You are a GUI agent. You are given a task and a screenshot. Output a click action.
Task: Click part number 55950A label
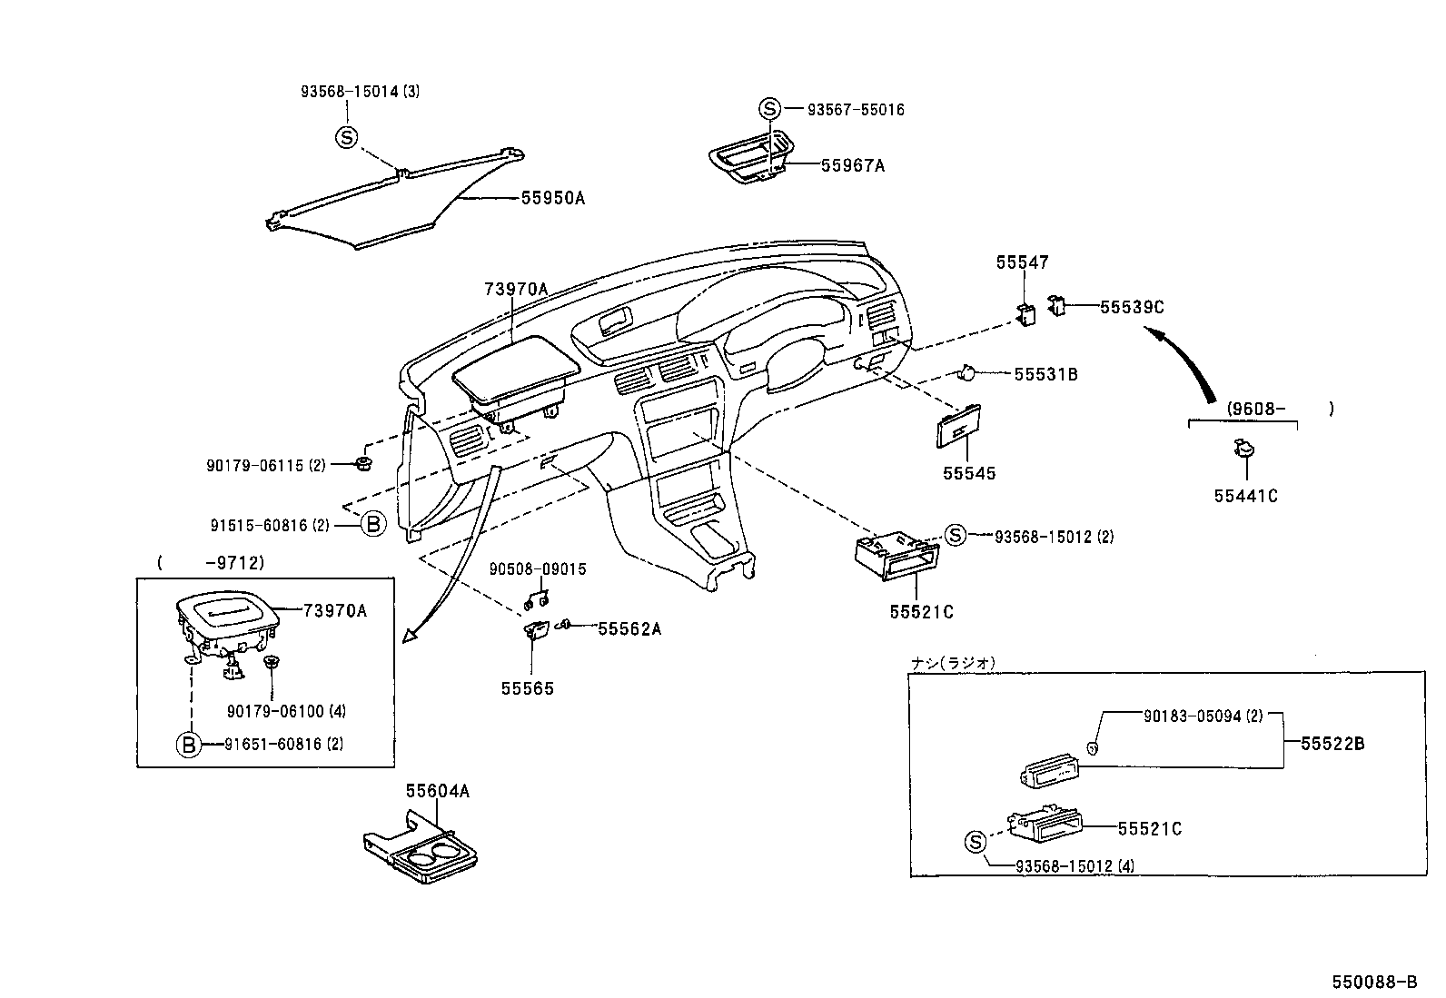tap(552, 197)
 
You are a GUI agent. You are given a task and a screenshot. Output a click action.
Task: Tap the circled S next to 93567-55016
tap(769, 109)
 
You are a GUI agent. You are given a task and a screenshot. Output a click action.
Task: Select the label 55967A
tap(852, 165)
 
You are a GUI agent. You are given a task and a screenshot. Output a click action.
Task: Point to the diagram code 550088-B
tap(1374, 982)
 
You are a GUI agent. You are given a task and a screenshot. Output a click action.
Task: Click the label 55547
tap(1022, 262)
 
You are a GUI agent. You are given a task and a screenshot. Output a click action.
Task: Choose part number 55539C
tap(1131, 307)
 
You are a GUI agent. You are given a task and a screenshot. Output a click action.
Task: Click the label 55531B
tap(1045, 374)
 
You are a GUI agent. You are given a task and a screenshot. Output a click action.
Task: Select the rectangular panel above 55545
tap(956, 427)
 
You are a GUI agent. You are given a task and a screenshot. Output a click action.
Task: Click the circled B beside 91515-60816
tap(373, 524)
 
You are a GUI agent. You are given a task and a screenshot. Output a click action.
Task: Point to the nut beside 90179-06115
tap(362, 465)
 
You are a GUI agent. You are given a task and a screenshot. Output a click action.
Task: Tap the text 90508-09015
tap(538, 569)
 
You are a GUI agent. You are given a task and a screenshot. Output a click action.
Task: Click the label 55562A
tap(629, 628)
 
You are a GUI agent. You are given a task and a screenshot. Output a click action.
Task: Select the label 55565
tap(527, 688)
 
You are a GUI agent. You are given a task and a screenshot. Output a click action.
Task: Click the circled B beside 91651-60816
tap(188, 745)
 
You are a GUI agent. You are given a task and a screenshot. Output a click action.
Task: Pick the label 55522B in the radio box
tap(1332, 744)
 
